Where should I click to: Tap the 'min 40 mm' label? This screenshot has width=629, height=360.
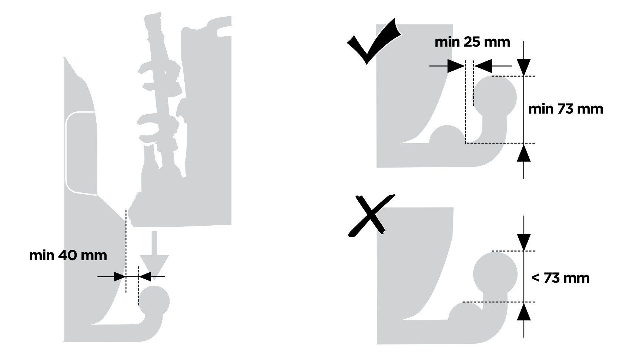(x=68, y=256)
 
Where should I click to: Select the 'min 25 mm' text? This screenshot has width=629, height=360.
(x=472, y=42)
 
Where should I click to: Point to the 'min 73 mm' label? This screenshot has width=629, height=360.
(x=566, y=109)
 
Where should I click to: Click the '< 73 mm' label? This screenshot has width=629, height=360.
(x=560, y=278)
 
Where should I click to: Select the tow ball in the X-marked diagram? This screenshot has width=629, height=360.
(x=495, y=274)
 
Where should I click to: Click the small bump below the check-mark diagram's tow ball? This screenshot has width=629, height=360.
(x=447, y=135)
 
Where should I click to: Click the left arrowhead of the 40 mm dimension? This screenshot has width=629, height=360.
(x=120, y=277)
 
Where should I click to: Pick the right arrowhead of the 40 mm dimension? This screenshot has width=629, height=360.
(x=145, y=277)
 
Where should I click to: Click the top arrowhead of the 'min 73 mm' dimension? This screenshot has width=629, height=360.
(x=524, y=67)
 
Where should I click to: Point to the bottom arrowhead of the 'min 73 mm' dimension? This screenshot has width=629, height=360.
(x=524, y=152)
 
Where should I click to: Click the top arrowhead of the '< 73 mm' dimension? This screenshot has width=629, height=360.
(x=524, y=242)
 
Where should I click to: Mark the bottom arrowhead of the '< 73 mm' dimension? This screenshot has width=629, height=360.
(x=524, y=311)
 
